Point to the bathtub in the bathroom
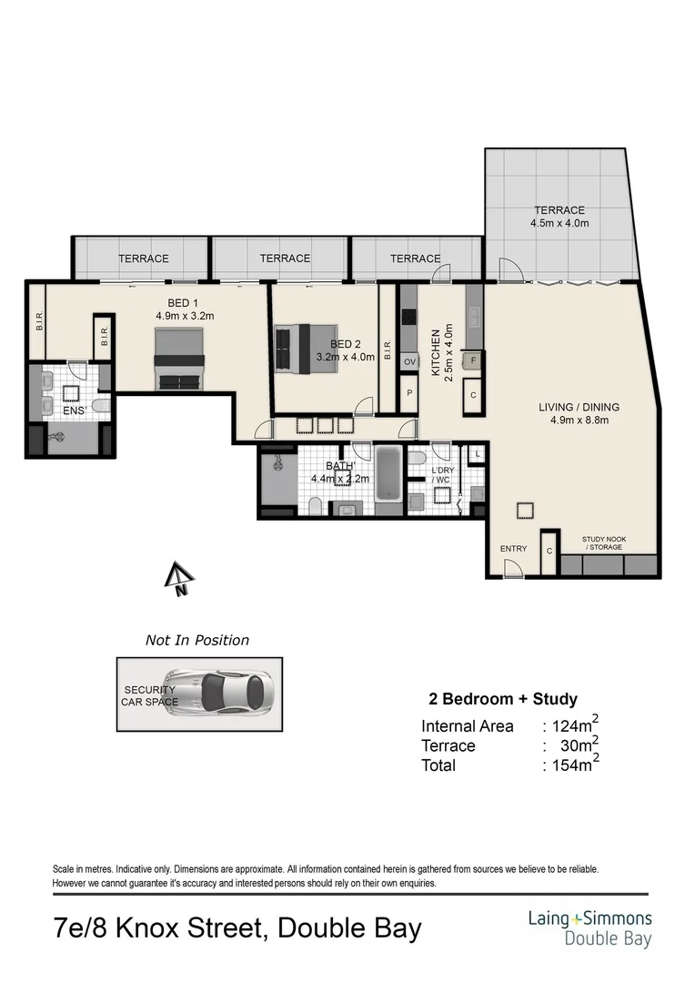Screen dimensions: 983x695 (388, 474)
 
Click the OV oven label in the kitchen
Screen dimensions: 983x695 (409, 362)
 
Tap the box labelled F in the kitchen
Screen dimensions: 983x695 (473, 361)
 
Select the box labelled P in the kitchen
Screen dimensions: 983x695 (409, 393)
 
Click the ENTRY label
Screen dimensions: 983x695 (513, 549)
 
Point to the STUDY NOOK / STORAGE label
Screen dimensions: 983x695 (605, 543)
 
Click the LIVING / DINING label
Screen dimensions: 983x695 (573, 407)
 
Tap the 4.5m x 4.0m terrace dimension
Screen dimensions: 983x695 (559, 223)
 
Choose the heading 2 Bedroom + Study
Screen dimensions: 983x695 (503, 699)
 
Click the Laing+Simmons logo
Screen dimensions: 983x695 (589, 928)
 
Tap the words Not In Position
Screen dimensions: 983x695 (197, 640)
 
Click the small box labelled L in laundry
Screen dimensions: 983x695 (478, 453)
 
